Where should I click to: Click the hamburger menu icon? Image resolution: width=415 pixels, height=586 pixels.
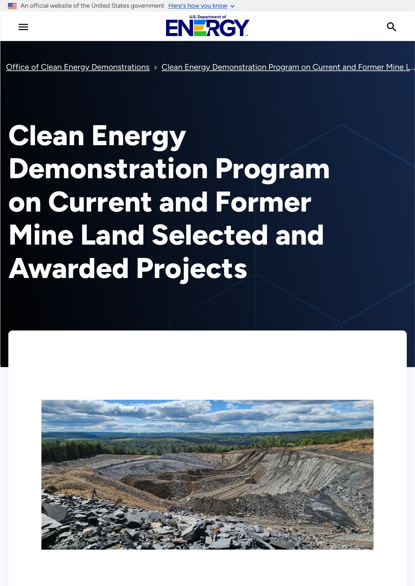(23, 27)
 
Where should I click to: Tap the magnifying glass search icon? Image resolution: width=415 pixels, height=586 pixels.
(392, 27)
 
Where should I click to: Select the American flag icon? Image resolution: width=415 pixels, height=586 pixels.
(12, 6)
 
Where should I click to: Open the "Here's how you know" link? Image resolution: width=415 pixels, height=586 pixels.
(198, 6)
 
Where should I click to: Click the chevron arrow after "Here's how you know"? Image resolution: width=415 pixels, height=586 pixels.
(233, 6)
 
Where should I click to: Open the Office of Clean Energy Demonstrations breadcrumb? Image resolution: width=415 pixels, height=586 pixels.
(78, 67)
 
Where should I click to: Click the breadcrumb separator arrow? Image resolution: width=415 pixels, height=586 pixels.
(155, 68)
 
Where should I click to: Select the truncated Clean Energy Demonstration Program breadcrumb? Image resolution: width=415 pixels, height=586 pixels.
(288, 67)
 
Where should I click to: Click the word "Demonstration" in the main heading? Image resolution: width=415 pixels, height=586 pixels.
(109, 169)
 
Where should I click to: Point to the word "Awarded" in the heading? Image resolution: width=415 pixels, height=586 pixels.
(68, 269)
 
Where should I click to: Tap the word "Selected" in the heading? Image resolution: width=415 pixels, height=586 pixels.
(210, 235)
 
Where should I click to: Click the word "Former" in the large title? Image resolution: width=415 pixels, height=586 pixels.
(263, 202)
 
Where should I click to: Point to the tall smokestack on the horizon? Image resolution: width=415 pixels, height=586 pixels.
(258, 431)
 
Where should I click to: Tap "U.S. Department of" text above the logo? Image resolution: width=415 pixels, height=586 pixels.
(207, 17)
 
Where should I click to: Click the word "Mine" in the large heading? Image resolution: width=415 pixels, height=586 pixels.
(41, 235)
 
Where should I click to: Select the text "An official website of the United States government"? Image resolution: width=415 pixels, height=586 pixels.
(92, 6)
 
